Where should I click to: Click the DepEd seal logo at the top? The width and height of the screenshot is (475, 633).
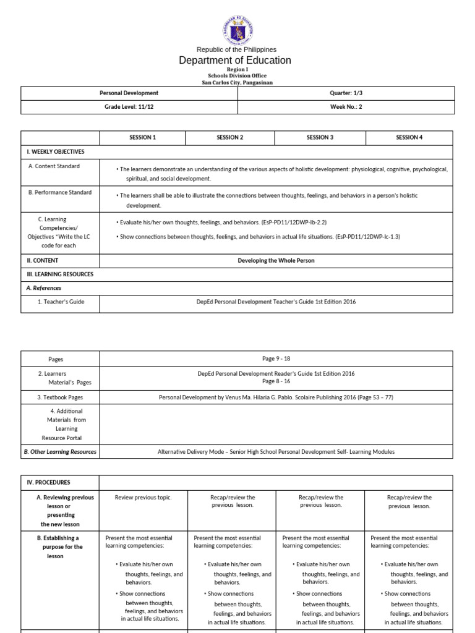[x=237, y=30]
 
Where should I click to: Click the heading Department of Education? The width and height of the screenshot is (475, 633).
[x=234, y=60]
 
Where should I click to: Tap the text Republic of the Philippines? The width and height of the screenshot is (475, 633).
[x=236, y=49]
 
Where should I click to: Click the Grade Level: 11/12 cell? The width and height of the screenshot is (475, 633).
[x=129, y=106]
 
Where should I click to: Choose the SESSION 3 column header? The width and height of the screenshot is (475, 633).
[x=320, y=137]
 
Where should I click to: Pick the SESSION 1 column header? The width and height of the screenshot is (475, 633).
[x=142, y=137]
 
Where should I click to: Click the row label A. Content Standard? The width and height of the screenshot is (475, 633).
[x=54, y=166]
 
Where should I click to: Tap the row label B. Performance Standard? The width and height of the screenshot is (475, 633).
[x=60, y=192]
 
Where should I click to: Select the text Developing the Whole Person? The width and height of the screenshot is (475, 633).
[x=276, y=260]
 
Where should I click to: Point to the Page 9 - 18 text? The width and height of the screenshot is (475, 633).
[x=276, y=359]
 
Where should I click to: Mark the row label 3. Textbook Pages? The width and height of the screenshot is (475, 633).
[x=60, y=397]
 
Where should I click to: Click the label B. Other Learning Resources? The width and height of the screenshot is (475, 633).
[x=60, y=451]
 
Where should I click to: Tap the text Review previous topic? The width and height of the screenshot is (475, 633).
[x=143, y=498]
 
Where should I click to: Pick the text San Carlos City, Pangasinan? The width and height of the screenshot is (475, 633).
[x=237, y=82]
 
